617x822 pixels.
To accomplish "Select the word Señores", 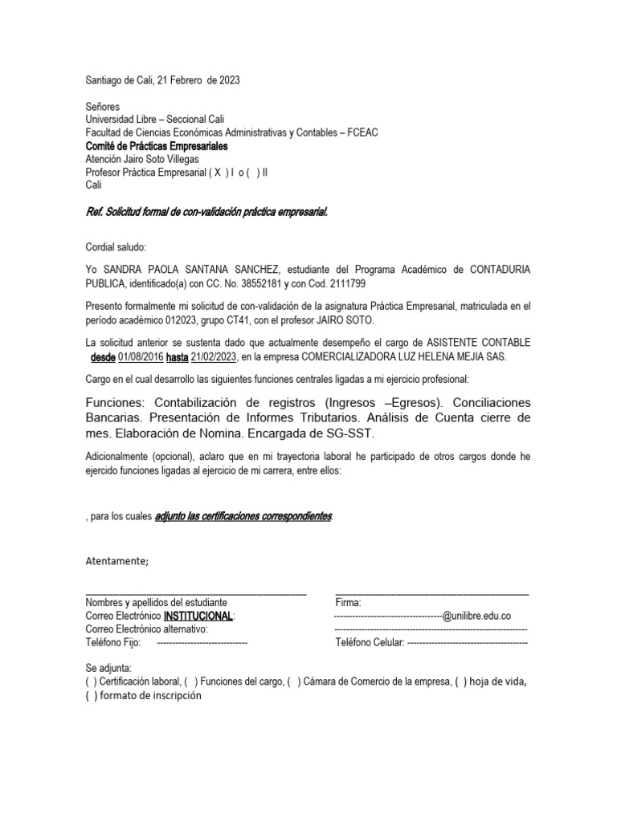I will (102, 107).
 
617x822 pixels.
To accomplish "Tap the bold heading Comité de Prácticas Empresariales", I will (156, 146).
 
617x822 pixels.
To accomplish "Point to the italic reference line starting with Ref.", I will (206, 212).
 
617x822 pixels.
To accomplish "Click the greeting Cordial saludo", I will (116, 247).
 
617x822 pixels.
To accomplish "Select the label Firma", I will (348, 602).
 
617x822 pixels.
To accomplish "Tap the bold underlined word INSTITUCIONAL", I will (198, 616).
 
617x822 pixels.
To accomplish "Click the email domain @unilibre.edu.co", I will (476, 616).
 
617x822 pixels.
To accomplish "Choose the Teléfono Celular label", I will (370, 643).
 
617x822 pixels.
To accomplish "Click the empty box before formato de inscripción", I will (91, 696).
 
